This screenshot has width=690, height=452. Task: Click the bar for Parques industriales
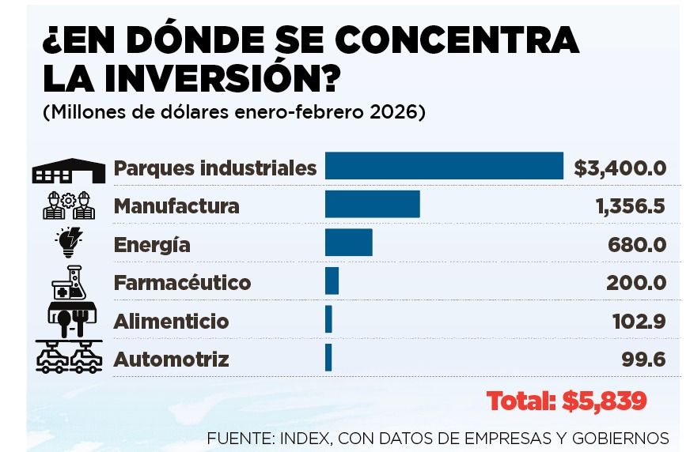(x=444, y=166)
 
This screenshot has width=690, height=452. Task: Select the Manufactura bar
(x=372, y=205)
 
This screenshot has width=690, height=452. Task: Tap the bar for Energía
(x=348, y=243)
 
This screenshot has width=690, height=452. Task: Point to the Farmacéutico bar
(x=332, y=281)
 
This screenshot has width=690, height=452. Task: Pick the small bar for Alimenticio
(x=328, y=320)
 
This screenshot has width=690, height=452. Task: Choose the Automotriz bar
(x=328, y=358)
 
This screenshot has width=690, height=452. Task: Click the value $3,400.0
(x=620, y=168)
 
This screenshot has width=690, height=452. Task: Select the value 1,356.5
(x=630, y=206)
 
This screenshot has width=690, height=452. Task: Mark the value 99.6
(x=643, y=360)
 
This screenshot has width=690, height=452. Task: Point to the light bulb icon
(x=68, y=243)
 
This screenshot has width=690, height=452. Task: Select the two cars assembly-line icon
(x=69, y=356)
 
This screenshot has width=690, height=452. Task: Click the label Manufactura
(x=176, y=206)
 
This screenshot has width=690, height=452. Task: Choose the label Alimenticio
(x=172, y=322)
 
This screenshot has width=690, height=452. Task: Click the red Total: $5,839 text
(x=567, y=401)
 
